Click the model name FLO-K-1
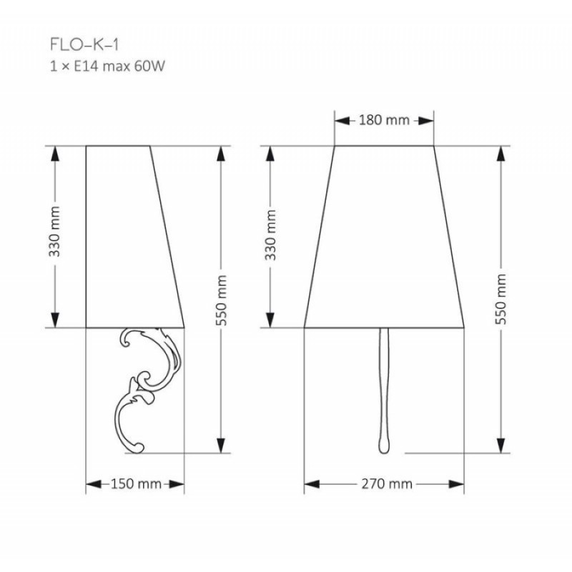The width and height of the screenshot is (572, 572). [84, 45]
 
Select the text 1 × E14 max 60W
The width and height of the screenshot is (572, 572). [108, 66]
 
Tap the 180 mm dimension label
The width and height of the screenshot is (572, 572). [384, 120]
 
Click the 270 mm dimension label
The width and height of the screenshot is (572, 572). [387, 484]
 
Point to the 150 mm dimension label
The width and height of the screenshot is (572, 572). [136, 484]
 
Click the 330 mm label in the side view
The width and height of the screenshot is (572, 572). [54, 232]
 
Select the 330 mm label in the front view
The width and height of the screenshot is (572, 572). [270, 235]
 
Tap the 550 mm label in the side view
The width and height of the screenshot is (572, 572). [222, 300]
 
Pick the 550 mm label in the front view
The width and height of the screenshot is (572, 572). [501, 299]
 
